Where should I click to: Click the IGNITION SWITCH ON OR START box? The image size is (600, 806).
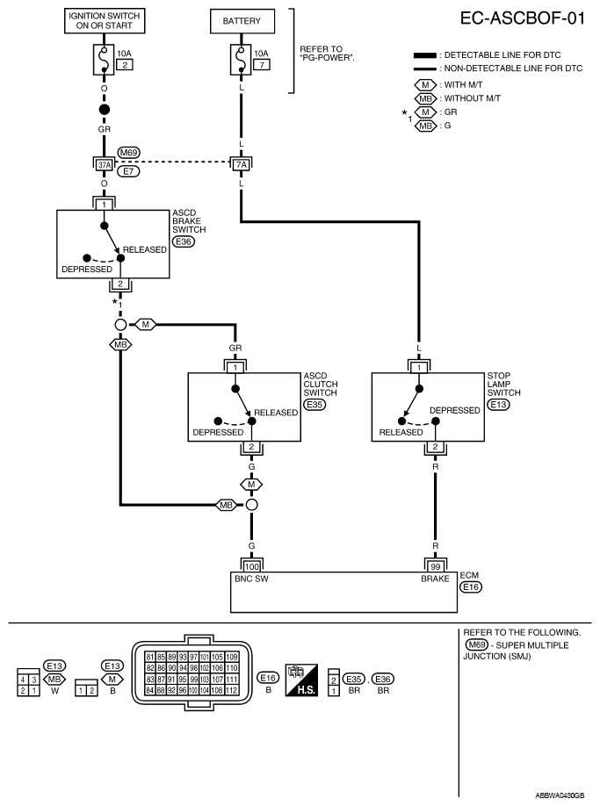(105, 21)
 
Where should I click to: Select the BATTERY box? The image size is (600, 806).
(242, 21)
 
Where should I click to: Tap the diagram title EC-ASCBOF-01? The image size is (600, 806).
(523, 18)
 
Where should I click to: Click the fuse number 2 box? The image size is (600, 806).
(125, 65)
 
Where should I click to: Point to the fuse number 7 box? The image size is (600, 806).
(262, 65)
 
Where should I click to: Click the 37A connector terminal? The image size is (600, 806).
(105, 165)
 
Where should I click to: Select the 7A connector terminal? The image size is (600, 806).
(241, 165)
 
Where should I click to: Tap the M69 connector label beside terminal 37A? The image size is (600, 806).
(128, 153)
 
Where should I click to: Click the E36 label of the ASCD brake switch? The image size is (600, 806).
(184, 241)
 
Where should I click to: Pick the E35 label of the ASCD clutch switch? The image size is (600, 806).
(314, 405)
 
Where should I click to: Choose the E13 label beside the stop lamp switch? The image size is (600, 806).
(498, 405)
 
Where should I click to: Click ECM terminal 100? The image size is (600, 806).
(251, 567)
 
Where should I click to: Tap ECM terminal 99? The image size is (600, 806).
(436, 567)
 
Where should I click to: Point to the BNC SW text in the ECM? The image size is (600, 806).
(251, 579)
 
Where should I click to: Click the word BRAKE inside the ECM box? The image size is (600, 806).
(435, 579)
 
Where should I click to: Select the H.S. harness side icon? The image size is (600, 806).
(301, 680)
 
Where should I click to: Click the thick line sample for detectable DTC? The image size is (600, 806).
(425, 55)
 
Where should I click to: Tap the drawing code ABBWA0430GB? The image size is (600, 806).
(560, 795)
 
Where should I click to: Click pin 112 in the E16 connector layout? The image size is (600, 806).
(231, 690)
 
